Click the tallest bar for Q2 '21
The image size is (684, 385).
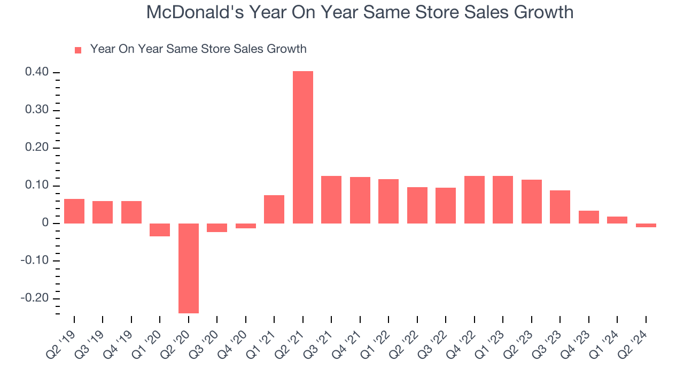tap(303, 147)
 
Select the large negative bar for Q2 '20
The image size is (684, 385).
tap(189, 268)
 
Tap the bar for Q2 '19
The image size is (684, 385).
tap(74, 211)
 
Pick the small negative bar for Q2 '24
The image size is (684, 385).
tap(646, 226)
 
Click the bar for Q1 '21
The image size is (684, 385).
tap(274, 209)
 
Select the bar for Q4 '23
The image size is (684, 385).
tap(589, 217)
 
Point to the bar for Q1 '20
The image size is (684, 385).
tap(160, 230)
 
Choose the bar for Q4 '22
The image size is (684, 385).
tap(475, 199)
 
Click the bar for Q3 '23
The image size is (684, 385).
tap(560, 207)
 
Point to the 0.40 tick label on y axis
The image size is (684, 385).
tap(36, 72)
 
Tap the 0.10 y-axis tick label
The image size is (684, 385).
tap(36, 186)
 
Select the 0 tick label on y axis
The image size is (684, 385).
tap(44, 223)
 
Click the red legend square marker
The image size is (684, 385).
tap(78, 50)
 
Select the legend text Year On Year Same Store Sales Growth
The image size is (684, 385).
tap(198, 49)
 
